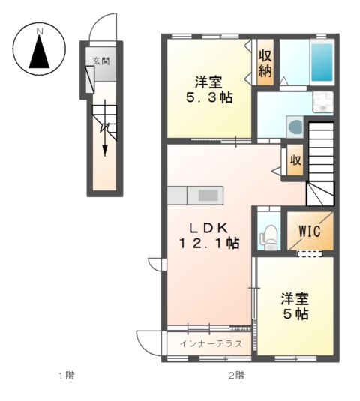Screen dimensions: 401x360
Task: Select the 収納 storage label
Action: [265, 64]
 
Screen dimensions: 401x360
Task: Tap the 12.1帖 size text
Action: [208, 244]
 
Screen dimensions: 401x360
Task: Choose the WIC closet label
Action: [309, 232]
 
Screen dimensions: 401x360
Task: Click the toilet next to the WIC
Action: [266, 236]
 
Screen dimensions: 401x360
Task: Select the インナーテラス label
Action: [211, 344]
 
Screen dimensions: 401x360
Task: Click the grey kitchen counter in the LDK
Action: [197, 195]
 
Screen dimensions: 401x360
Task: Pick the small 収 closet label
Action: [295, 160]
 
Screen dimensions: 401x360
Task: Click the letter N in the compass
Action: [40, 31]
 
